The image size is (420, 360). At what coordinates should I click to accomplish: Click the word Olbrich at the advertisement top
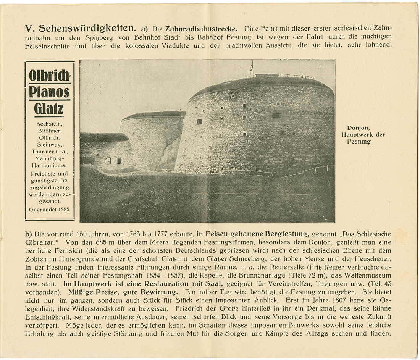[49, 76]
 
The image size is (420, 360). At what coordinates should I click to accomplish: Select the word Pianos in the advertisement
[49, 92]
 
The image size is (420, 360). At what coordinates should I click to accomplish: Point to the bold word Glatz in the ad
[49, 109]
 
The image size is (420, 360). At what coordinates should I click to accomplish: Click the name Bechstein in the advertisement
[49, 124]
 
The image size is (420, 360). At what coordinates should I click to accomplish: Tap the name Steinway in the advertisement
[49, 145]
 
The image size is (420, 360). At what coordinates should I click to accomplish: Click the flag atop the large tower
[251, 66]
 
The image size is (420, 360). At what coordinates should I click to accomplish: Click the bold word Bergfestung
[288, 234]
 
